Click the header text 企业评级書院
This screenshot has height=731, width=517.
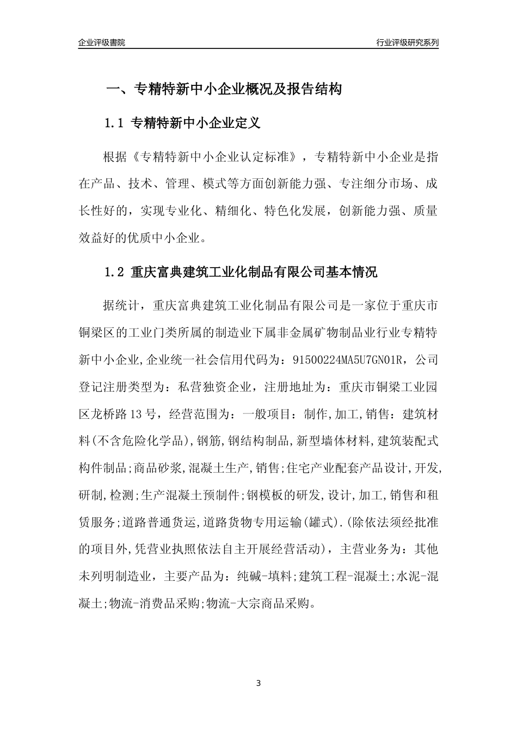(x=102, y=42)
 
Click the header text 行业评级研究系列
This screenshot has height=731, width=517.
(x=407, y=42)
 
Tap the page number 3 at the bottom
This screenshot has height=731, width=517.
(x=258, y=683)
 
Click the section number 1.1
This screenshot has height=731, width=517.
(x=115, y=123)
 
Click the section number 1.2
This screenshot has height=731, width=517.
(x=115, y=272)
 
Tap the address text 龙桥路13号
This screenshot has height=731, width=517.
(x=115, y=414)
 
